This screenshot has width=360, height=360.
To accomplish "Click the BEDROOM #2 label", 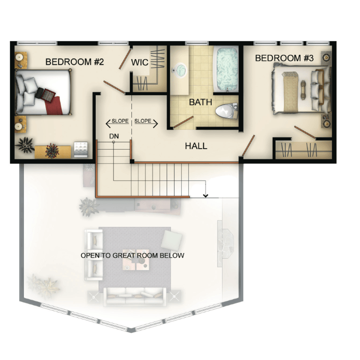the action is click(75, 62).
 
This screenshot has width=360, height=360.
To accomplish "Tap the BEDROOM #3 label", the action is click(284, 58).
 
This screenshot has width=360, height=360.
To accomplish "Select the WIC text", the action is click(140, 62).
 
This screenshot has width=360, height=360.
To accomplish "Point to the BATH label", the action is click(200, 102).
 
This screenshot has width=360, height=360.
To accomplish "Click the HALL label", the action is click(196, 146).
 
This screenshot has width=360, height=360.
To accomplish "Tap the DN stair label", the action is click(114, 136).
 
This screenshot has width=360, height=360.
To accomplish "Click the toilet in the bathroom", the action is click(226, 111).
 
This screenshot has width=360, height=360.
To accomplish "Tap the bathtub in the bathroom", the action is click(225, 68).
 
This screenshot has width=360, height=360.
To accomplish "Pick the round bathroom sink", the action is click(179, 69).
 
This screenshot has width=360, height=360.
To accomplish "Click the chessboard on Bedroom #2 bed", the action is click(48, 95).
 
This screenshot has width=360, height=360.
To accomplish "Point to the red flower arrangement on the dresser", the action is click(53, 151).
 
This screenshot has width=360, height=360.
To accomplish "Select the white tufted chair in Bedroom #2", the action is click(81, 150).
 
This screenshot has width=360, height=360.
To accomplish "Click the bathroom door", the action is click(183, 122).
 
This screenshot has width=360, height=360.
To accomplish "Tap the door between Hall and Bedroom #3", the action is click(248, 146).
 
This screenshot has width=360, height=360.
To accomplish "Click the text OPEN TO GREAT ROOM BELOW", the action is click(132, 255).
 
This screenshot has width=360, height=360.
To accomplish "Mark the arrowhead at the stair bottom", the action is click(206, 195).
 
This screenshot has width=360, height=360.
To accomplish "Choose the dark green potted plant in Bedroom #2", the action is click(25, 145).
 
